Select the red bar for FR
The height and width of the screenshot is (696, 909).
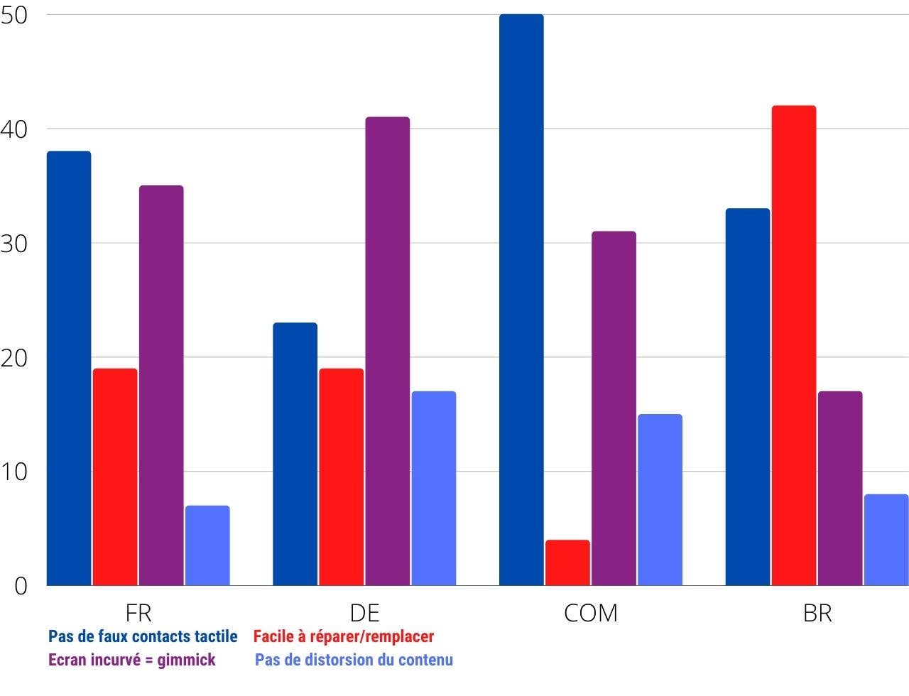(115, 477)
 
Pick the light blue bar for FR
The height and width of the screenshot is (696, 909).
(207, 545)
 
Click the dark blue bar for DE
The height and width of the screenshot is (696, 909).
(295, 454)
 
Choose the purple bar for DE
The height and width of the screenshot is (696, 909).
(388, 351)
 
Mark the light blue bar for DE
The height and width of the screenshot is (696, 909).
(434, 488)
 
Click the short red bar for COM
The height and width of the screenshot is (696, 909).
(567, 562)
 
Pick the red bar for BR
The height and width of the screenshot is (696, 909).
(794, 345)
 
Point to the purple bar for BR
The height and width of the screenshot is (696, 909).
(840, 488)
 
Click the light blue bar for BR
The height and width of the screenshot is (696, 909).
(886, 540)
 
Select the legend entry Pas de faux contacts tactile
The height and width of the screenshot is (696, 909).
(143, 636)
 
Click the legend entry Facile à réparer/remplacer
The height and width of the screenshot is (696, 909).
(344, 636)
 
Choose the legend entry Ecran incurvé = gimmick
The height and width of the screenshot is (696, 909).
(132, 660)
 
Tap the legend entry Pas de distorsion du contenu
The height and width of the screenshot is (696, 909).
(354, 660)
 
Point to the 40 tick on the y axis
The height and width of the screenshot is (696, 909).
(14, 129)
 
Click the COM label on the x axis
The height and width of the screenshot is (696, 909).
(590, 613)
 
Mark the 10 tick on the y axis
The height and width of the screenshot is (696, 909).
(14, 472)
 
